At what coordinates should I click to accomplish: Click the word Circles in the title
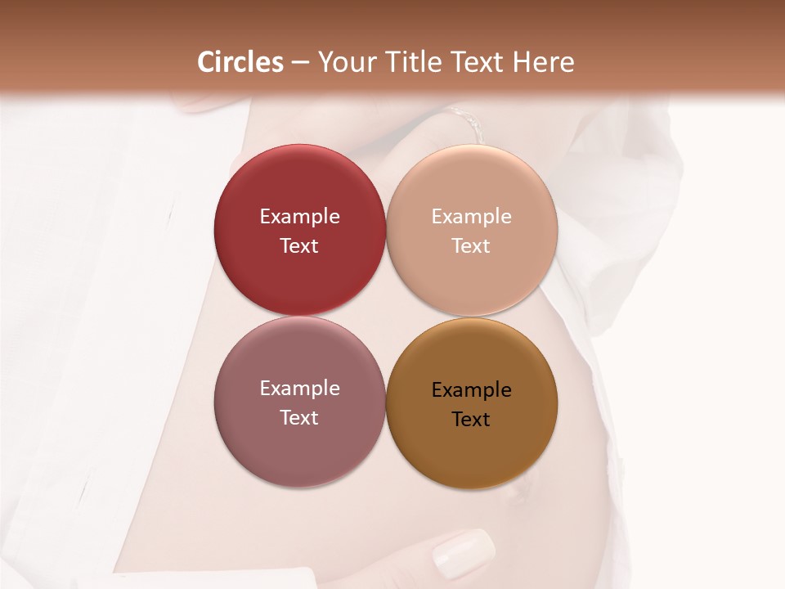pos(240,62)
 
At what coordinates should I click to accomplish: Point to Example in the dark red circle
pos(299,217)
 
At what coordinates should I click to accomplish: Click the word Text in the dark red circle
pos(299,246)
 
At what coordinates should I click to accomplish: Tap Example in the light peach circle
pos(472,217)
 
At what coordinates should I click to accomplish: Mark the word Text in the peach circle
pos(472,246)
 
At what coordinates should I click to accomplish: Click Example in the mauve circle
pos(299,389)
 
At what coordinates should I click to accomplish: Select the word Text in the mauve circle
pos(299,418)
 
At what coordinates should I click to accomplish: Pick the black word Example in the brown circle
pos(472,390)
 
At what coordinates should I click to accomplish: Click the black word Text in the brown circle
pos(472,420)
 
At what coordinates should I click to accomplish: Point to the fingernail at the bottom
pos(463,552)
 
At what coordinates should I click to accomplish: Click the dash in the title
pos(300,63)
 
